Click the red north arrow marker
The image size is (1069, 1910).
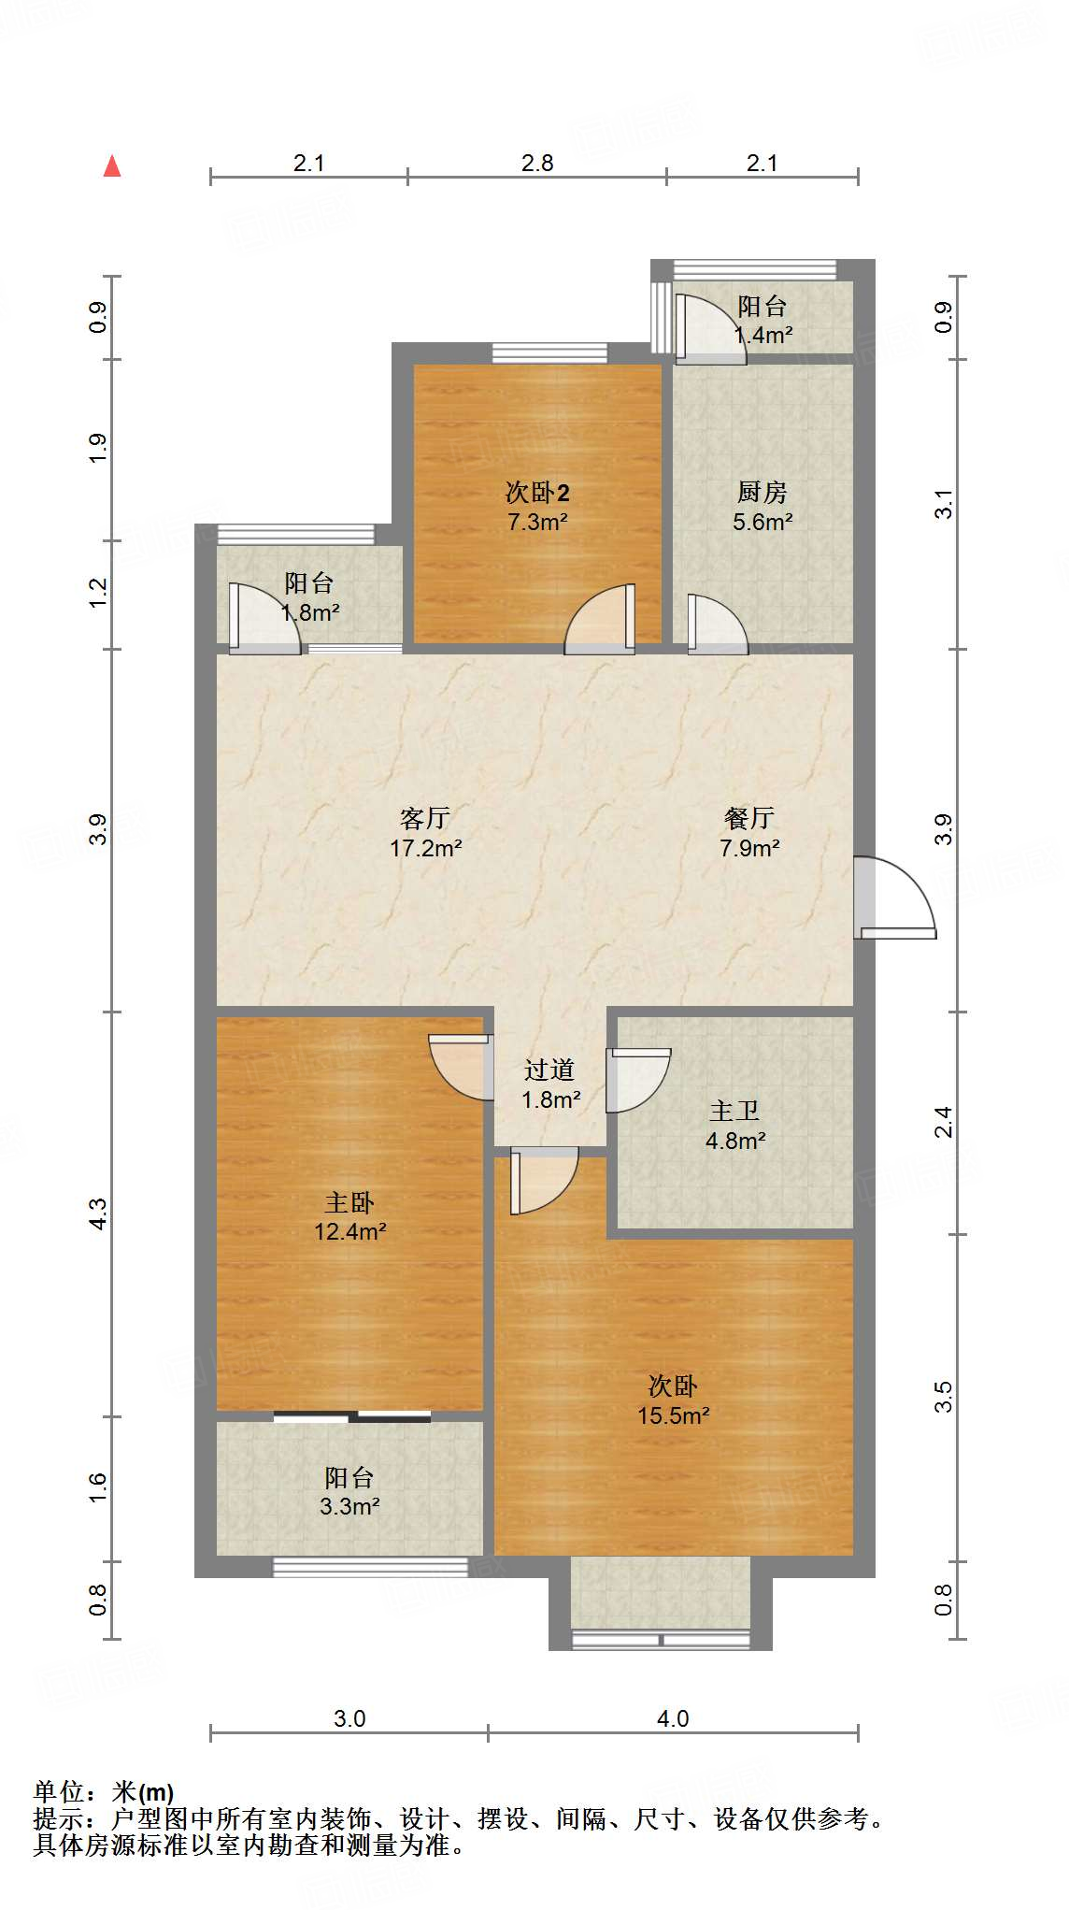112,166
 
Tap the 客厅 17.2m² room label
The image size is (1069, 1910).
425,833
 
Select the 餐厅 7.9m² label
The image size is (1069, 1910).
749,833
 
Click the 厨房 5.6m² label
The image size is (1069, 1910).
763,506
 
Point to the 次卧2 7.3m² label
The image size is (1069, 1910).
537,506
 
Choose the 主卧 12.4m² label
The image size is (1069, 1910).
349,1216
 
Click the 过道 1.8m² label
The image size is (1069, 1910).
549,1084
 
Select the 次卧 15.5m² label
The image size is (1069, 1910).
673,1400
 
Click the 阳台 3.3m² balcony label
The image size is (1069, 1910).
349,1491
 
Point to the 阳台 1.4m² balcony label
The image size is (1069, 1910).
763,320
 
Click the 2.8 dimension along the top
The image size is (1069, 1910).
537,164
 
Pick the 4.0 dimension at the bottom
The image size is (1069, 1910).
673,1718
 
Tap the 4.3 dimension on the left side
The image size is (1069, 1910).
99,1213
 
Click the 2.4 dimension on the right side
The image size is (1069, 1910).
944,1122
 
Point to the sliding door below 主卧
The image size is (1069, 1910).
352,1416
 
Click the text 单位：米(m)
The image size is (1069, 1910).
104,1791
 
